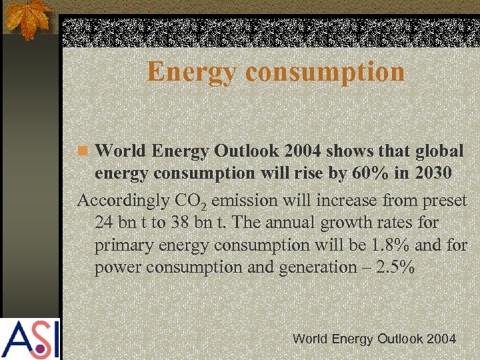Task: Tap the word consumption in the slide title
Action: (x=319, y=72)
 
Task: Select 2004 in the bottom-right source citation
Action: (x=441, y=339)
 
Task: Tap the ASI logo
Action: (x=30, y=339)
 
